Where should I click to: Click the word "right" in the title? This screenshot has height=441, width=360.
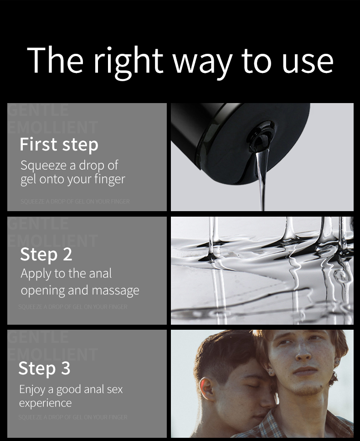pyautogui.click(x=128, y=61)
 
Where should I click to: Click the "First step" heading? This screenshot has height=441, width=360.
pyautogui.click(x=59, y=145)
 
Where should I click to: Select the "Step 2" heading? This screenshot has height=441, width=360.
pyautogui.click(x=46, y=254)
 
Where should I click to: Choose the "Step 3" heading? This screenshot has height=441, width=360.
pyautogui.click(x=45, y=368)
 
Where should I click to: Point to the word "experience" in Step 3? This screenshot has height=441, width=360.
pyautogui.click(x=45, y=403)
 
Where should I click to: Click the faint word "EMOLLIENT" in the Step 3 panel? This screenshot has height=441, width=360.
pyautogui.click(x=53, y=354)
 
